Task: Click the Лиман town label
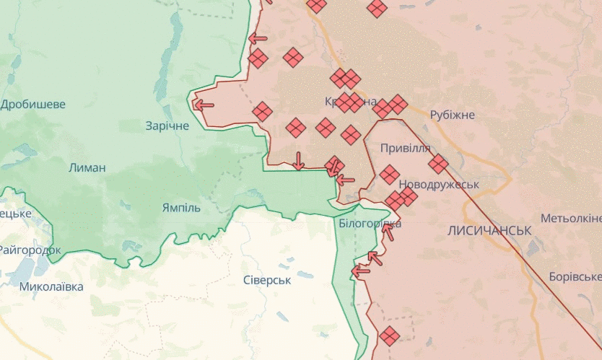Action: pos(87,168)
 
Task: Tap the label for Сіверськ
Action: pos(266,280)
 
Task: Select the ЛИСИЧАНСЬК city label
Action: pos(489,230)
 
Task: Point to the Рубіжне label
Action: pos(452,115)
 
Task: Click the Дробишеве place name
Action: pos(33,105)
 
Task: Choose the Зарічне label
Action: pos(167,126)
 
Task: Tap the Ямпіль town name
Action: pos(181,208)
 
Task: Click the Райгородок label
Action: pos(30,250)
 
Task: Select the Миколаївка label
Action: pos(51,286)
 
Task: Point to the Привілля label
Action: pos(406,149)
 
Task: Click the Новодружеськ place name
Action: pos(438,184)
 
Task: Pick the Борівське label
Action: pos(575,277)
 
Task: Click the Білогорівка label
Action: pos(370,224)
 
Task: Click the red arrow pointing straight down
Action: pos(299,161)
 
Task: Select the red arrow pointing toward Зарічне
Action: pos(204,105)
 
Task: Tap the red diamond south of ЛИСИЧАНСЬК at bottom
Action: pos(389,335)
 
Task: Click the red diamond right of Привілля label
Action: pos(438,164)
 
